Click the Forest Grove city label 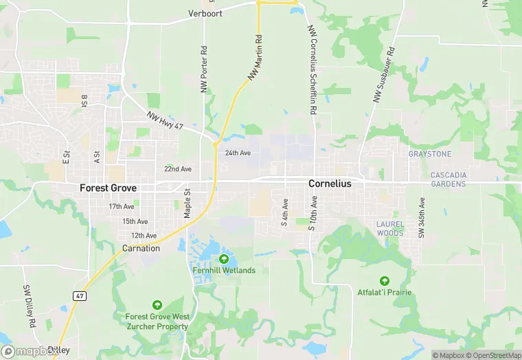(108, 188)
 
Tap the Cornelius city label (330, 183)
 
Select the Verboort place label (205, 13)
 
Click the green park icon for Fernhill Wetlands (224, 259)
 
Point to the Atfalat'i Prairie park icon (384, 281)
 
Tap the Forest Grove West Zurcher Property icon (157, 305)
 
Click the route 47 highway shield (79, 295)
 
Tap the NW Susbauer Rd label (384, 75)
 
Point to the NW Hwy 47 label (166, 122)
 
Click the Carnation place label (141, 248)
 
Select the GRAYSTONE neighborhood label (430, 154)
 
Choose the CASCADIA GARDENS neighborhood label (449, 179)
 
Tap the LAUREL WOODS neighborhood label (390, 228)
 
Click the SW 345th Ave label (422, 218)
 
